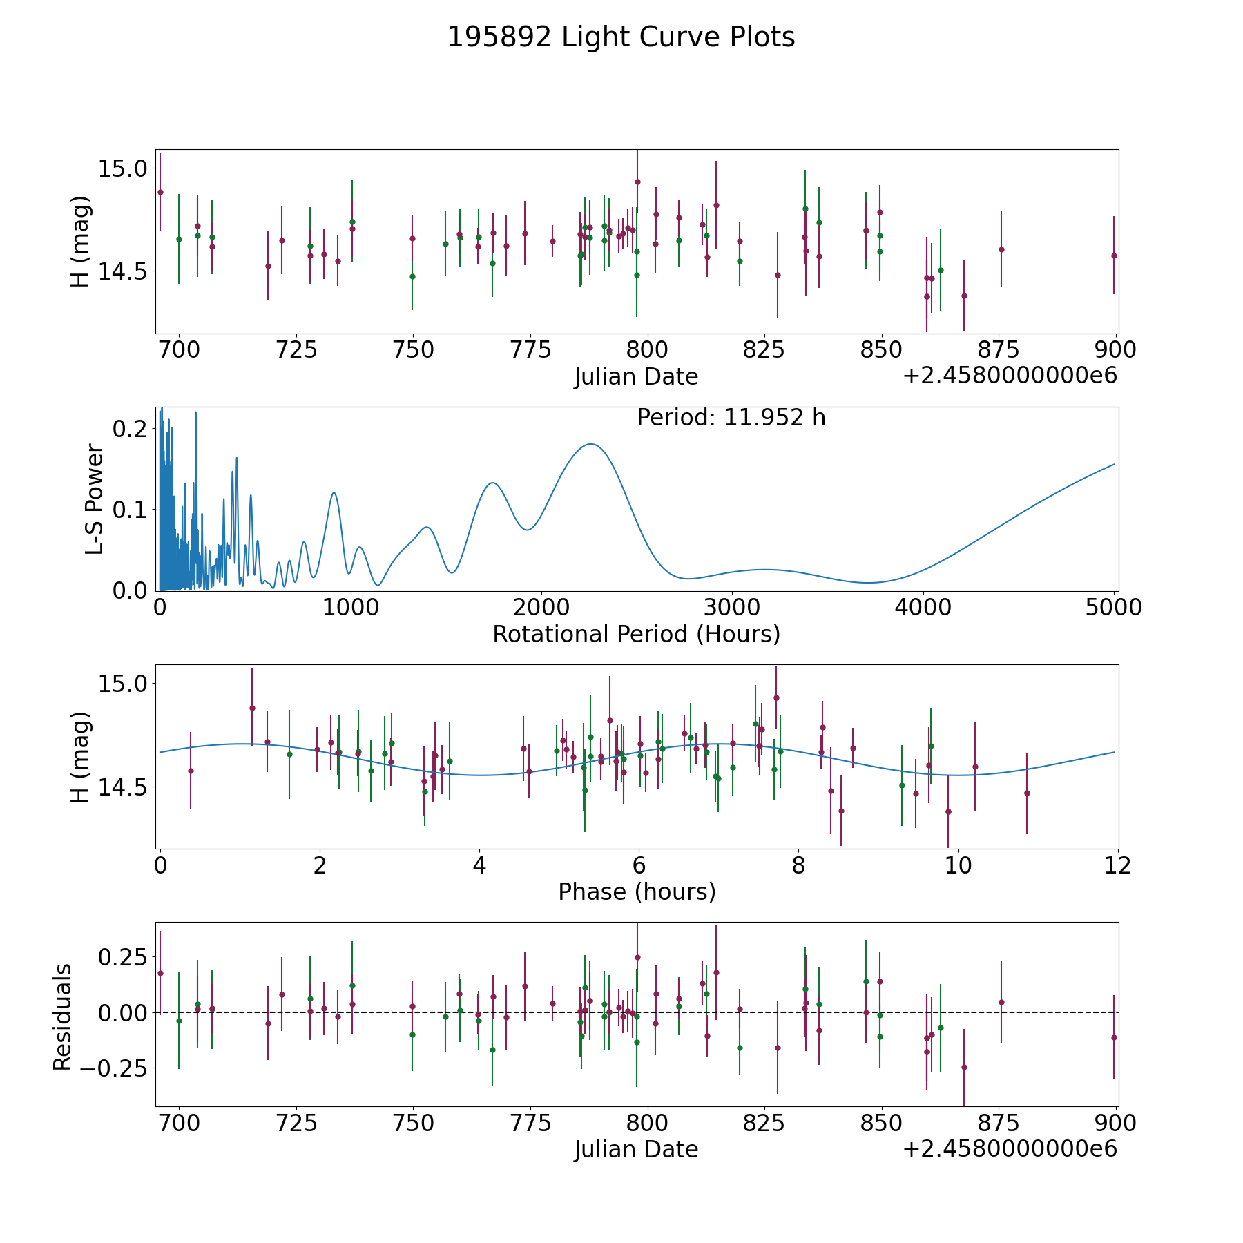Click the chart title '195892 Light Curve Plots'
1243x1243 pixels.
(621, 37)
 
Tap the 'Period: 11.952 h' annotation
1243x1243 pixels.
(731, 418)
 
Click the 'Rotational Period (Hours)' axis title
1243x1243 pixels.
(636, 634)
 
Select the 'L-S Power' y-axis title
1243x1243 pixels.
(95, 499)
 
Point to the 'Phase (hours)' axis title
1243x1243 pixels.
(636, 892)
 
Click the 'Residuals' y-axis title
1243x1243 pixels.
(63, 1017)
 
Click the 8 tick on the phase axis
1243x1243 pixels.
(798, 865)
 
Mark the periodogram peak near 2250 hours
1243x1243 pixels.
(591, 444)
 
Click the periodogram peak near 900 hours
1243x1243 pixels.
(334, 492)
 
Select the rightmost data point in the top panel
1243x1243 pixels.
(1114, 256)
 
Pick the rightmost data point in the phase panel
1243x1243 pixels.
(1027, 793)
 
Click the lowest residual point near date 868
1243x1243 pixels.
(964, 1067)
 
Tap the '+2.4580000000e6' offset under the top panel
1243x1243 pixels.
(1010, 376)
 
